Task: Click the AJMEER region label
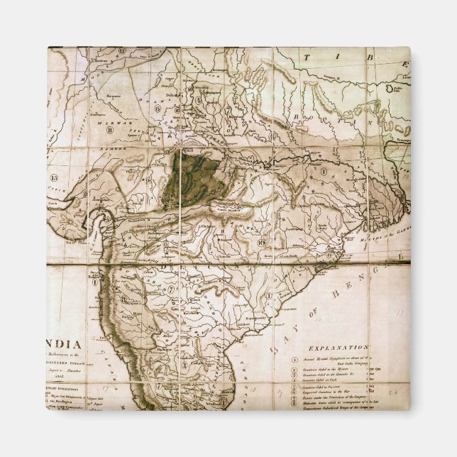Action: [x=117, y=150]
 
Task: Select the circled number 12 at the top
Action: [x=122, y=50]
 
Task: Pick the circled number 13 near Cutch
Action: [x=53, y=177]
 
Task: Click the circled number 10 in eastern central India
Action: [x=261, y=243]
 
